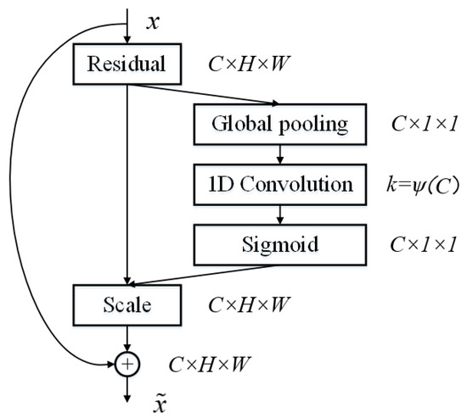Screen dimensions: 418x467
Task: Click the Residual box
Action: pos(127,64)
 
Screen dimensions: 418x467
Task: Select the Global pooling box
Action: pos(280,125)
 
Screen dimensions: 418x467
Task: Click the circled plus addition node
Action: pos(127,365)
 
